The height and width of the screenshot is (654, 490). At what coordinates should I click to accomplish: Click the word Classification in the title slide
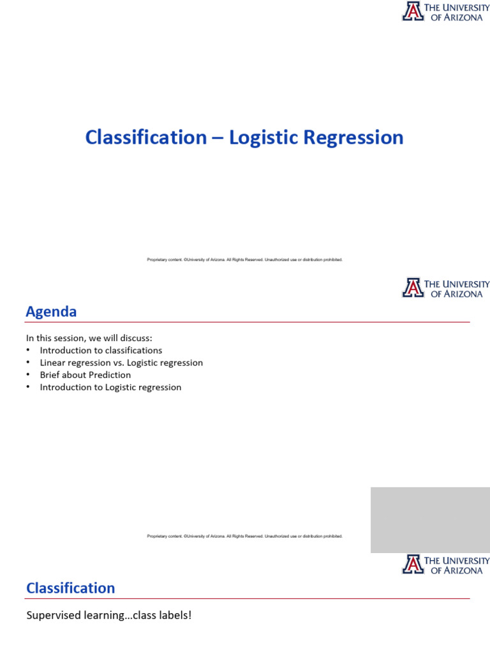click(x=146, y=137)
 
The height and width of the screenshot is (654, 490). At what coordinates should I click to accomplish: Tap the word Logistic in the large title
click(x=264, y=138)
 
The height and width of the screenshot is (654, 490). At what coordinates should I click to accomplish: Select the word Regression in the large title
click(x=353, y=138)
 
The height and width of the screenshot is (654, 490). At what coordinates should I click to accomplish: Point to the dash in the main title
click(x=218, y=139)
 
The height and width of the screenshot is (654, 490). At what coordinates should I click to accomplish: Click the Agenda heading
click(x=51, y=312)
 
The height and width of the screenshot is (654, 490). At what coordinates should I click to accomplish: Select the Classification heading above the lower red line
click(x=70, y=588)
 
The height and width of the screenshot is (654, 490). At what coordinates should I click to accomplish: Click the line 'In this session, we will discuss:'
click(x=89, y=338)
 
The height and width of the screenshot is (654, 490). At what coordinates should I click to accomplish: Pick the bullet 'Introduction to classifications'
click(x=101, y=351)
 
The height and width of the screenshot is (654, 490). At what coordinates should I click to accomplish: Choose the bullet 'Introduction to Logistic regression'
click(x=110, y=388)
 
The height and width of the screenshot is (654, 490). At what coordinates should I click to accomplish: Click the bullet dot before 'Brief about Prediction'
click(x=28, y=374)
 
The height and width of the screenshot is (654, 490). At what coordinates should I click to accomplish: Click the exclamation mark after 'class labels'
click(x=190, y=615)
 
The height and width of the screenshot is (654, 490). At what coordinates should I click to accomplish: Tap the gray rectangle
click(x=431, y=520)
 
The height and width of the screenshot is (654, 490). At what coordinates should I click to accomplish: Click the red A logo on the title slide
click(x=413, y=11)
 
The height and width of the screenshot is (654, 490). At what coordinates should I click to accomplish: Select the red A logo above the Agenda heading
click(x=413, y=287)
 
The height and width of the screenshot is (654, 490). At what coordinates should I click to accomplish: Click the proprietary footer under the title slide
click(x=244, y=259)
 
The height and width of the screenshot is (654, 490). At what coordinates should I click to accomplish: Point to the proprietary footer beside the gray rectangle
click(x=244, y=536)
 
